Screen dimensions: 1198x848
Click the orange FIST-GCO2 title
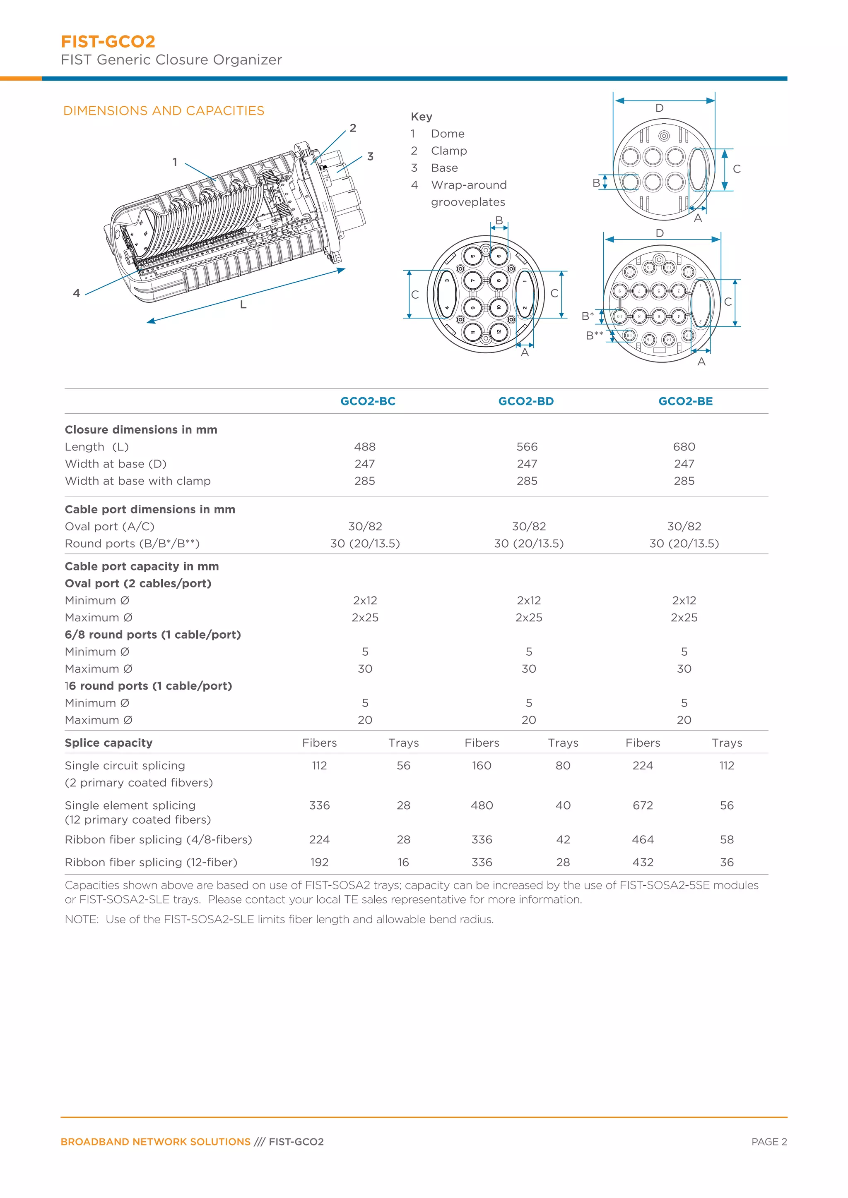[108, 41]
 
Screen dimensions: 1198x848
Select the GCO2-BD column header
[526, 401]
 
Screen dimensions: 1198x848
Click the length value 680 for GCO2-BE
[684, 447]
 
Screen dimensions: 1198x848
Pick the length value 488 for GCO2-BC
[364, 447]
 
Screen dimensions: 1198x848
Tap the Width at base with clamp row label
[138, 481]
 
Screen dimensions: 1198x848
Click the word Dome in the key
[448, 134]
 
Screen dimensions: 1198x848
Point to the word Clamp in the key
[448, 151]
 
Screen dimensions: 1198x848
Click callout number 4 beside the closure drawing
[77, 293]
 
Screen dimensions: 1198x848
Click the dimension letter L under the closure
[243, 305]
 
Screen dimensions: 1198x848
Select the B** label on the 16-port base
[594, 335]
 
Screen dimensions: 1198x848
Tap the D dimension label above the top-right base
[660, 108]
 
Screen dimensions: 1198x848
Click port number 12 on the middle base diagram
[498, 331]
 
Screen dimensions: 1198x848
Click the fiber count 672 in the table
[643, 805]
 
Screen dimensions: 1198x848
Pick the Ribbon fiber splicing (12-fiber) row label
[151, 863]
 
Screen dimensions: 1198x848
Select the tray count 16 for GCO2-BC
[403, 863]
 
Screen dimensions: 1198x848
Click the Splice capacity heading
[108, 743]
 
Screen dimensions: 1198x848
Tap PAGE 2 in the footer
[768, 1142]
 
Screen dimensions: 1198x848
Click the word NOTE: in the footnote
[82, 919]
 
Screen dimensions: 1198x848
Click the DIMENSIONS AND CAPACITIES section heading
[164, 110]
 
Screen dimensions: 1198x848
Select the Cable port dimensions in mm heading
[150, 509]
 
